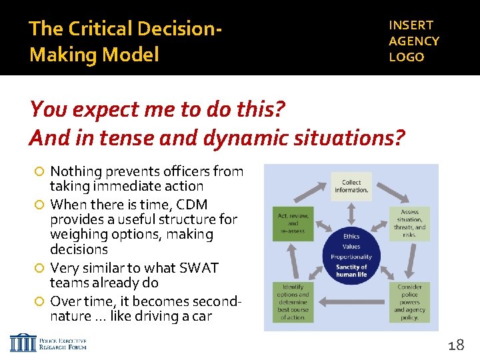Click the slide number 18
click(455, 345)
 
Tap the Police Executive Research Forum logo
click(48, 343)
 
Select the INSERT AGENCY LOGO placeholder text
click(413, 41)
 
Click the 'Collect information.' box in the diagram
click(351, 186)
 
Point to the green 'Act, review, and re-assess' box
click(292, 223)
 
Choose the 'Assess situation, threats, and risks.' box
click(409, 223)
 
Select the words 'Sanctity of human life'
click(351, 270)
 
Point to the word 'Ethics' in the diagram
click(351, 236)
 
